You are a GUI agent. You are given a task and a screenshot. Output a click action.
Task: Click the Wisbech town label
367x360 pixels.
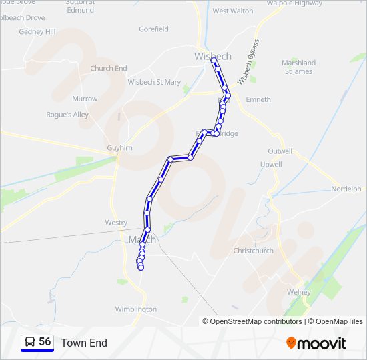click(x=212, y=55)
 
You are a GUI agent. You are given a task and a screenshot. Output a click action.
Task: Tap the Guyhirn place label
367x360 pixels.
click(x=120, y=148)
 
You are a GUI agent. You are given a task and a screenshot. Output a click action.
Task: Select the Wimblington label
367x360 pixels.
click(x=136, y=309)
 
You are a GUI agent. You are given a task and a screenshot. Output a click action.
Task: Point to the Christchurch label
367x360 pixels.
click(x=253, y=251)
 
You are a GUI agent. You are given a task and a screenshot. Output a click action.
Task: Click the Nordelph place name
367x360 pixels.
click(x=346, y=189)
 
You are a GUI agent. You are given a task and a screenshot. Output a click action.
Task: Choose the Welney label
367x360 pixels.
click(x=298, y=292)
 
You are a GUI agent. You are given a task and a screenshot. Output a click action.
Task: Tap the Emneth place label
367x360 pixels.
click(x=258, y=99)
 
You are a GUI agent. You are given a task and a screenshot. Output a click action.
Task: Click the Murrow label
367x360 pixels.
click(x=85, y=99)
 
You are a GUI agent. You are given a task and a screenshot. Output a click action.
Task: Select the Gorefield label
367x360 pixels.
click(x=153, y=29)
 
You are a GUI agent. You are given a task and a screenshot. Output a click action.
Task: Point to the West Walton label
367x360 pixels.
click(x=233, y=11)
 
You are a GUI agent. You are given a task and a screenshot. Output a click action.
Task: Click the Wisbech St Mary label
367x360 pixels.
click(x=154, y=83)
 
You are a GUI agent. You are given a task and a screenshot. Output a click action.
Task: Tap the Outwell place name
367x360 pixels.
click(x=280, y=151)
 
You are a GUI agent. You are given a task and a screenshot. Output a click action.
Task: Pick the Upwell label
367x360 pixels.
click(x=271, y=164)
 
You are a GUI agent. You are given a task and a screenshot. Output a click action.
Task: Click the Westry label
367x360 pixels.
click(x=116, y=223)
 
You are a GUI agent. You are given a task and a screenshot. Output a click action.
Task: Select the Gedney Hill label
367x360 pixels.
click(x=37, y=31)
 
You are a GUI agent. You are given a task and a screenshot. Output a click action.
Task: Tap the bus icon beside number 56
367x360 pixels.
click(x=30, y=342)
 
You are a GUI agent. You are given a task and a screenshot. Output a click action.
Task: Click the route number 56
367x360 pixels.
click(x=45, y=342)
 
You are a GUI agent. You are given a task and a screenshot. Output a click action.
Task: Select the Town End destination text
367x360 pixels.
click(x=84, y=343)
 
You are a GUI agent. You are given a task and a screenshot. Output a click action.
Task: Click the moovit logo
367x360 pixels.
click(x=316, y=343)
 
